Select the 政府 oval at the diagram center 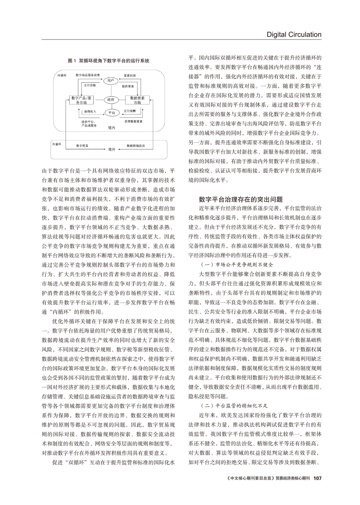pyautogui.click(x=111, y=100)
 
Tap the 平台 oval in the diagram pyautogui.click(x=111, y=113)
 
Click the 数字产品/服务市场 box pyautogui.click(x=81, y=100)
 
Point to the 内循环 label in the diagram pyautogui.click(x=61, y=75)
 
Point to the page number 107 pyautogui.click(x=317, y=477)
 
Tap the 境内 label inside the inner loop pyautogui.click(x=111, y=128)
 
